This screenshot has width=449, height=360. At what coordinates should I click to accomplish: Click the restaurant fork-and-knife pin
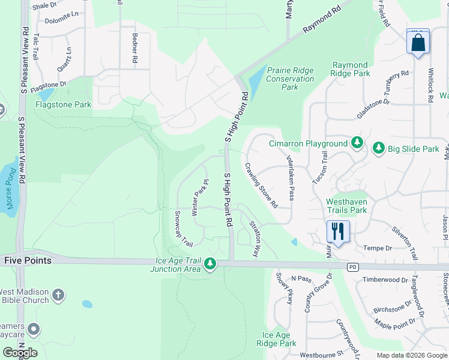[338, 231]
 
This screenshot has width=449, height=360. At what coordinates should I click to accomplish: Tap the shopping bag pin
[418, 43]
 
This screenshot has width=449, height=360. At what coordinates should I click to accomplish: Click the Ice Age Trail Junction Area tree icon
[209, 263]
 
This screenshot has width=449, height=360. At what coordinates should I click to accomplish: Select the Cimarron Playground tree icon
[357, 143]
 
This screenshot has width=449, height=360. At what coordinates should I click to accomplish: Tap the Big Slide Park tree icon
[378, 148]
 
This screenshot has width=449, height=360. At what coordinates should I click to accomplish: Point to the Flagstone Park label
[63, 104]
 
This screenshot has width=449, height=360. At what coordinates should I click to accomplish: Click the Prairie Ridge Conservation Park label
[290, 79]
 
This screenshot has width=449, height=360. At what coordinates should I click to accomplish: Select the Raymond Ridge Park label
[350, 69]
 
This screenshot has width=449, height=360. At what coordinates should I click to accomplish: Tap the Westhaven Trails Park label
[346, 206]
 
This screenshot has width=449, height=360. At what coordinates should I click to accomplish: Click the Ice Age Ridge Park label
[276, 340]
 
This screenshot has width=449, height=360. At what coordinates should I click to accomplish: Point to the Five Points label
[28, 261]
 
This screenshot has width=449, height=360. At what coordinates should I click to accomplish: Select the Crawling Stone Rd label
[261, 185]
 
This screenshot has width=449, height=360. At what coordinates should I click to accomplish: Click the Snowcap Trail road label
[183, 229]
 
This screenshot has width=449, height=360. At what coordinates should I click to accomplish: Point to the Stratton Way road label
[255, 238]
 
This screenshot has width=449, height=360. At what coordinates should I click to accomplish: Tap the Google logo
[20, 353]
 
